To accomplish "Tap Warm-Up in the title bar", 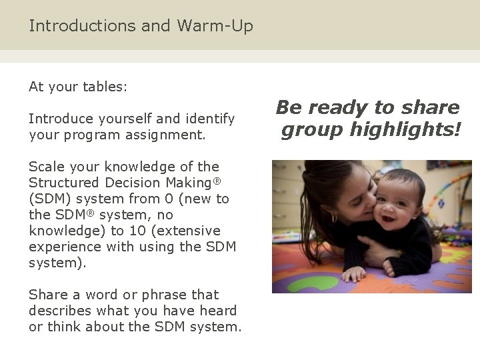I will pos(215,26).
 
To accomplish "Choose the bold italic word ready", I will pos(333,108).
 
